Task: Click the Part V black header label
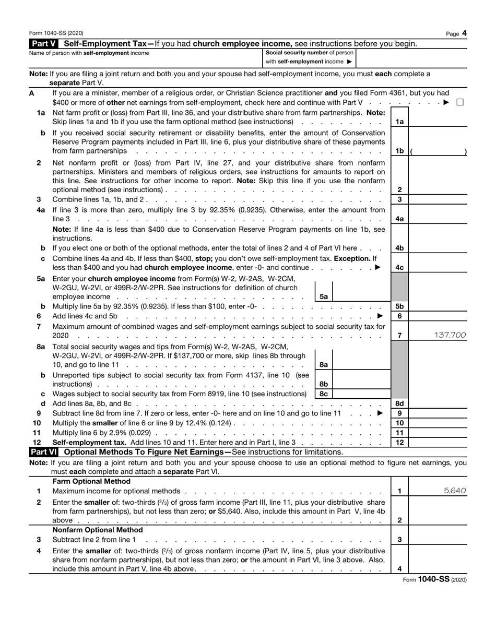tap(45, 43)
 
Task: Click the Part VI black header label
tap(45, 451)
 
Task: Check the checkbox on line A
tap(460, 102)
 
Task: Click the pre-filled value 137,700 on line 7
tap(450, 335)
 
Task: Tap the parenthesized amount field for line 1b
tap(438, 151)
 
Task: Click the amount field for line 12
tap(438, 442)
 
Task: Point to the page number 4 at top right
tap(464, 33)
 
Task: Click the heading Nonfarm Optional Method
tap(97, 530)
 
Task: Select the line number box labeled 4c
tap(399, 267)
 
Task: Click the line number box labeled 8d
tap(399, 403)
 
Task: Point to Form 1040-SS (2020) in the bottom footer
tap(434, 579)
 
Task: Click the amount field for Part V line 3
tap(438, 199)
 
